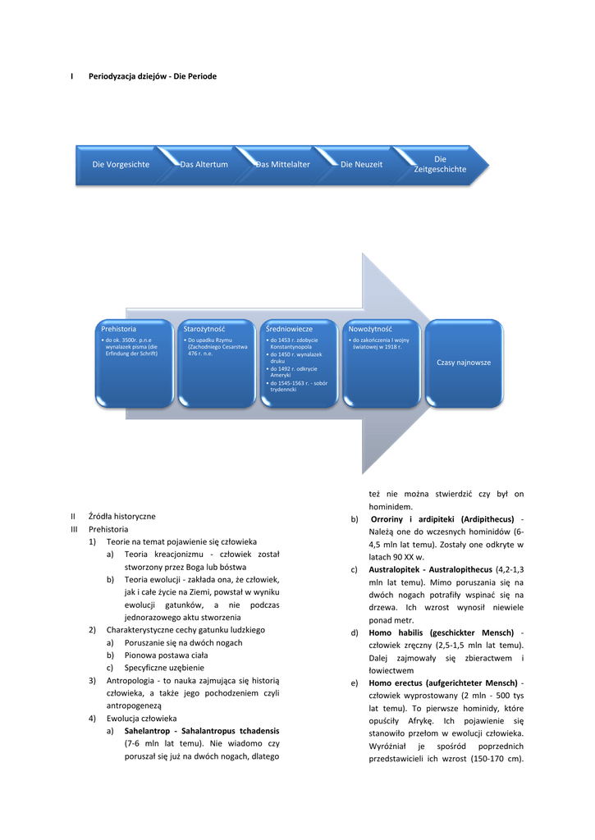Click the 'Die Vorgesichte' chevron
pos(121,165)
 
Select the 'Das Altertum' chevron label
pos(204,165)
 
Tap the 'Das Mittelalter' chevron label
pos(283,165)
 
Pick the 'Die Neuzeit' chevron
pos(362,165)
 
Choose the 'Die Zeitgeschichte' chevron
pos(440,164)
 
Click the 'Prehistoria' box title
pos(119,329)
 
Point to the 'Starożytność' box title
pos(204,329)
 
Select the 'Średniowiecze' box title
pos(289,329)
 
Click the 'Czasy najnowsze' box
pos(464,363)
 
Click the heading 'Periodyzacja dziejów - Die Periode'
pos(153,76)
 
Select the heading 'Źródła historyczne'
pos(121,516)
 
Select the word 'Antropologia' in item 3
pos(133,680)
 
